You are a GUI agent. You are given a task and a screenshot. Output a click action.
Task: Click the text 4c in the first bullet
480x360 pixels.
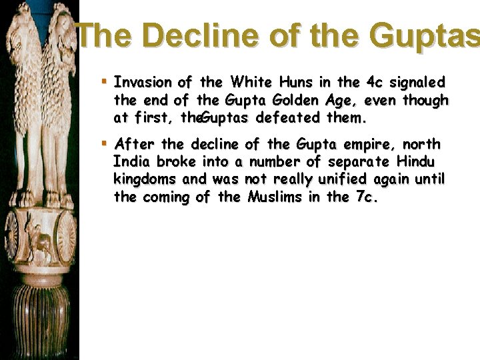(374, 83)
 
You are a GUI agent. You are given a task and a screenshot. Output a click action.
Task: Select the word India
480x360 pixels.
(132, 162)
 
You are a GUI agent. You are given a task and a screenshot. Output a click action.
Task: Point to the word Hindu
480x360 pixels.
(418, 162)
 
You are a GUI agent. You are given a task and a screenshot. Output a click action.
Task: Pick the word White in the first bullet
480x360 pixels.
(247, 83)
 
